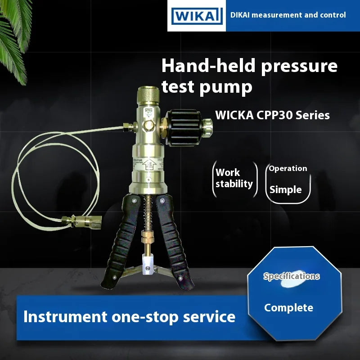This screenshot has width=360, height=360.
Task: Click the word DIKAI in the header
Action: tap(240, 15)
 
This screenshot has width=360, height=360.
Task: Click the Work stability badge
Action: tap(234, 178)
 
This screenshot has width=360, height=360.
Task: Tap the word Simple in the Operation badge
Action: tap(285, 189)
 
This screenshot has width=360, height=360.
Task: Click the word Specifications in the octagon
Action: tap(291, 276)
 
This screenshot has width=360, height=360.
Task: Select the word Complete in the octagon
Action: tap(288, 308)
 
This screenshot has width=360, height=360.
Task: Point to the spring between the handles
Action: tap(146, 211)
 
